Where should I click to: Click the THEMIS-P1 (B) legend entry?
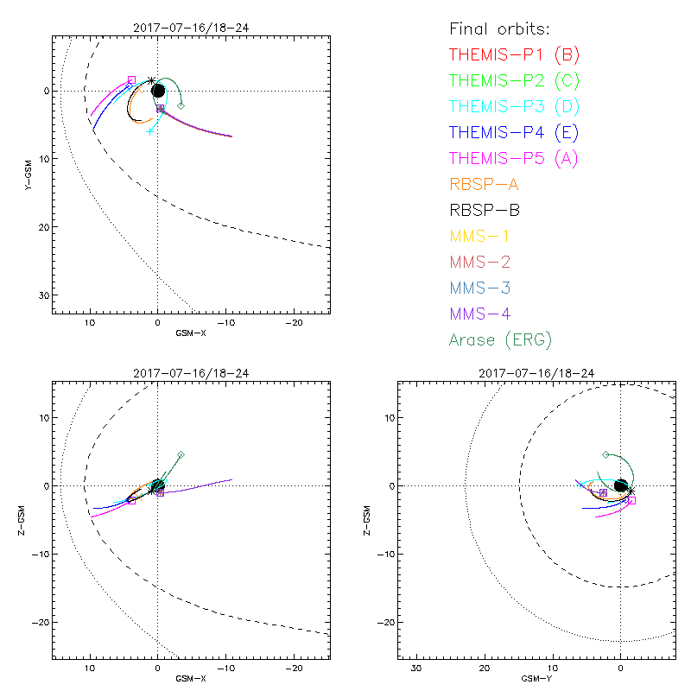[x=514, y=54]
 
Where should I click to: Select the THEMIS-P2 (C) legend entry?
[x=514, y=80]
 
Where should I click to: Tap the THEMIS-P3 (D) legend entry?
[x=514, y=106]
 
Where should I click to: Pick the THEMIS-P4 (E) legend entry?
[x=514, y=132]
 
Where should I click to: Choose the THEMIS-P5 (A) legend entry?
[x=514, y=158]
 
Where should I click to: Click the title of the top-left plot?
[x=192, y=28]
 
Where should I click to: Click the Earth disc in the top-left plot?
[x=158, y=91]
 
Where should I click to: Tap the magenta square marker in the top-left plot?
[x=131, y=79]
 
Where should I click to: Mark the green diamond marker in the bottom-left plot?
[x=181, y=454]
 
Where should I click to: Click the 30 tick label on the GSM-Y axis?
[x=415, y=669]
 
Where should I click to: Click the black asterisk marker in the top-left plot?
[x=151, y=80]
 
